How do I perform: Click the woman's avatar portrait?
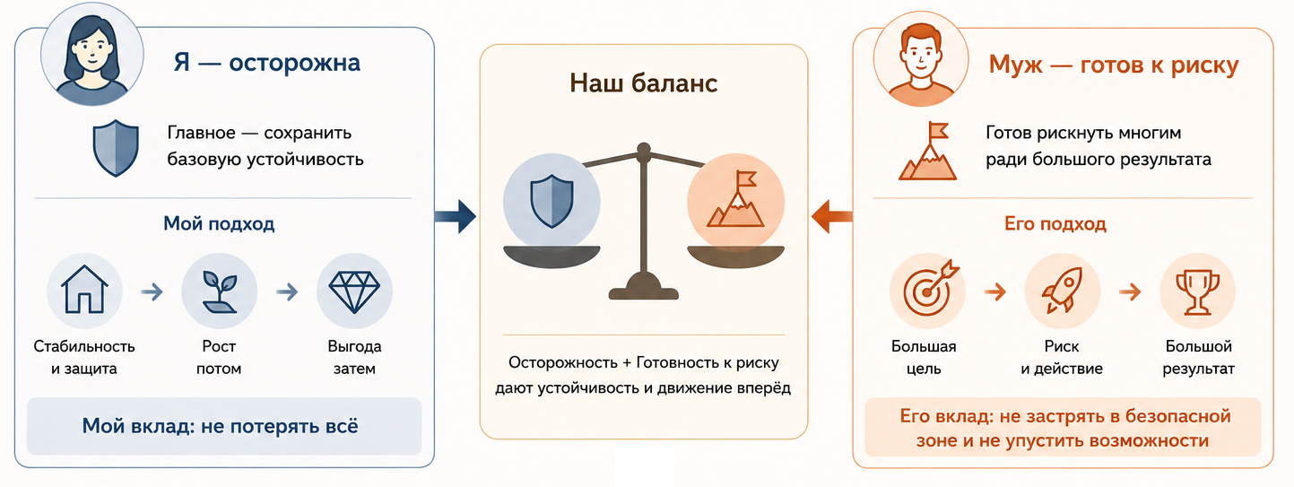91,55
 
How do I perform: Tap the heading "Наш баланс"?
644,83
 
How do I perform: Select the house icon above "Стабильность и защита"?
84,290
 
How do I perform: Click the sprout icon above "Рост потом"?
220,291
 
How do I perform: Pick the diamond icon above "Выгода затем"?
354,291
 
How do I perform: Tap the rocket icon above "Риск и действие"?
1063,290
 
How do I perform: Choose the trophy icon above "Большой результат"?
1197,292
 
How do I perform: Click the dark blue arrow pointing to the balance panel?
456,217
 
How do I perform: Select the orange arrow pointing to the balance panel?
832,217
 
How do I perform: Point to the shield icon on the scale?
551,202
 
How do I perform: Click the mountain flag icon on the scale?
735,199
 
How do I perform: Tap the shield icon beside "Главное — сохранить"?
116,148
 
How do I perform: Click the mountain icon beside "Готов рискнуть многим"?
927,151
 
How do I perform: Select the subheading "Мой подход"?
219,223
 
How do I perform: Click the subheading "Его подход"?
1055,223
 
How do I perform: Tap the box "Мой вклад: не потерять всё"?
224,426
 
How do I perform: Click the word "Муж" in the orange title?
1015,65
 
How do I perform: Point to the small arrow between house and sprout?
152,291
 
